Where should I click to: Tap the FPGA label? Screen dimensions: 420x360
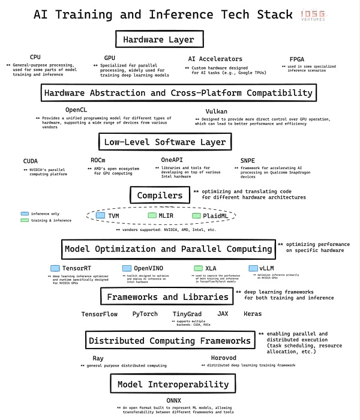pyautogui.click(x=298, y=59)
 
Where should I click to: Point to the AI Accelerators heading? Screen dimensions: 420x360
pyautogui.click(x=215, y=59)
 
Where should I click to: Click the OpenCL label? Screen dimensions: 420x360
pyautogui.click(x=76, y=110)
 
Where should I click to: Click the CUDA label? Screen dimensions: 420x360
pyautogui.click(x=30, y=161)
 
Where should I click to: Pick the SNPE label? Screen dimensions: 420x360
pyautogui.click(x=247, y=160)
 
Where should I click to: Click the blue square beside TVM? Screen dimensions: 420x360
pyautogui.click(x=100, y=215)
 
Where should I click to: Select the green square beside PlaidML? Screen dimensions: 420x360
pyautogui.click(x=196, y=215)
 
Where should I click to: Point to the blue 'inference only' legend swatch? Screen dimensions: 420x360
pyautogui.click(x=25, y=214)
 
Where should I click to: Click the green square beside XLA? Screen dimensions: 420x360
pyautogui.click(x=198, y=268)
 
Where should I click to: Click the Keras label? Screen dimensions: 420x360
pyautogui.click(x=253, y=314)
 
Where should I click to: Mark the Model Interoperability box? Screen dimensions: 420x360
pyautogui.click(x=172, y=384)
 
